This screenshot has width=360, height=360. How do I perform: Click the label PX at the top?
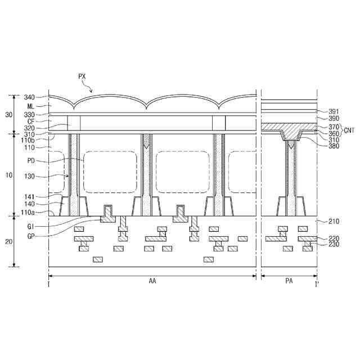coord(82,76)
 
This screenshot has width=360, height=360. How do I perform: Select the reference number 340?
coord(29,97)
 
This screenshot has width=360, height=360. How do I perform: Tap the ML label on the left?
coord(31,106)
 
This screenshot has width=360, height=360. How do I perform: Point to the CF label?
coord(31,121)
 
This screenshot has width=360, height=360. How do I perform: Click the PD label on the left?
coord(31,161)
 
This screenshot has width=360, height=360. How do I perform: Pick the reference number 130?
coord(29,176)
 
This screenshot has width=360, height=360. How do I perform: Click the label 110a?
coord(28,213)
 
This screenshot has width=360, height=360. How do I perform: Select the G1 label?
coord(31,227)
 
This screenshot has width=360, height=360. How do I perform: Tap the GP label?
coord(31,236)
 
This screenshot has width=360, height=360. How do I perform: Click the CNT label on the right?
coord(349,130)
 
